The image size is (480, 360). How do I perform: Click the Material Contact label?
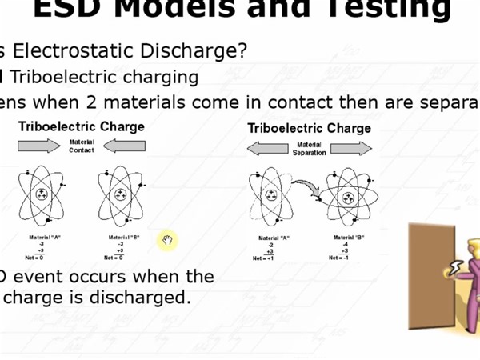(x=82, y=146)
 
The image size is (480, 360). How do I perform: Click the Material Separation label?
(x=310, y=149)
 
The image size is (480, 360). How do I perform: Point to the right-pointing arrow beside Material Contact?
(x=39, y=146)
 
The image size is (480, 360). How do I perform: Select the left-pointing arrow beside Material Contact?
(x=124, y=146)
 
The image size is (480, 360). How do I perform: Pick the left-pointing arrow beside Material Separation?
(x=267, y=149)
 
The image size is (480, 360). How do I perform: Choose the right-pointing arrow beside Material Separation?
(x=351, y=149)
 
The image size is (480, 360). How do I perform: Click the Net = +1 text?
(x=264, y=258)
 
